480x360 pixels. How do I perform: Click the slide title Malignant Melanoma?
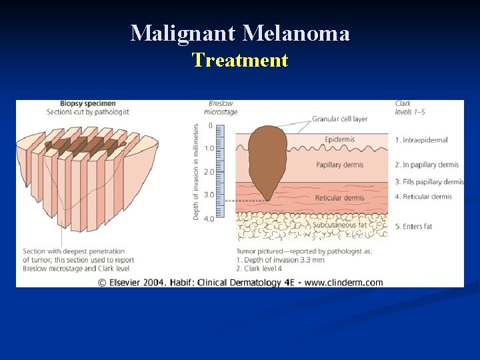tap(239, 33)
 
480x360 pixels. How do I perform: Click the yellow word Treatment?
tap(239, 61)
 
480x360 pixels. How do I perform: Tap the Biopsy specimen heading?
tap(88, 103)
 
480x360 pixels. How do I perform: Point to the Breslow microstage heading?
tap(221, 107)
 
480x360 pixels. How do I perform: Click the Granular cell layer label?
tap(339, 119)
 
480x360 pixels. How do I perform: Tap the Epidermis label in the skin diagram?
tap(339, 140)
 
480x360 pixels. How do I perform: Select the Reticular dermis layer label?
tap(339, 198)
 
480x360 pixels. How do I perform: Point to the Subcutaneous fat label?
tap(339, 225)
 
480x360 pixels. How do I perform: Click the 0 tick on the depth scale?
tap(210, 125)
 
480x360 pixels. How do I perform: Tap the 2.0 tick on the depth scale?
tap(209, 172)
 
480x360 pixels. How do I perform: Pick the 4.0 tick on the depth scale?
tap(209, 219)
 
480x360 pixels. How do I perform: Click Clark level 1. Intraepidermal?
tap(421, 140)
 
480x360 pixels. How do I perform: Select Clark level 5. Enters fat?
tap(413, 227)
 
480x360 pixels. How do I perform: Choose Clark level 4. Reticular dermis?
tap(423, 197)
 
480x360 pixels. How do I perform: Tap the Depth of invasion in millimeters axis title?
tap(196, 171)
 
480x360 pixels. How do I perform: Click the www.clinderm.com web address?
tap(343, 282)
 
